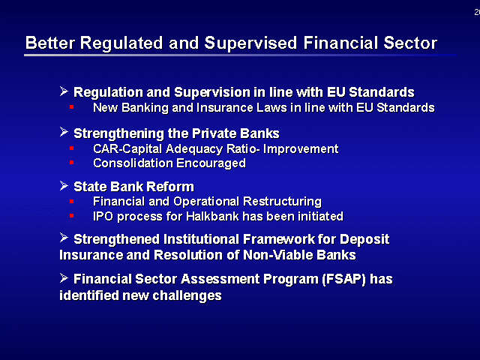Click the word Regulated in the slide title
pos(121,43)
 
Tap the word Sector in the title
pos(410,43)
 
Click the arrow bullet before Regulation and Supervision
pos(64,91)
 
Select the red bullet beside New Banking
pos(72,106)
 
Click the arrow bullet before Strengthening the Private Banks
pos(64,132)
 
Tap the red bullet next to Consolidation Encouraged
pos(72,163)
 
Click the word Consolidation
pos(133,163)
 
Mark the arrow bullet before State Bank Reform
pos(64,185)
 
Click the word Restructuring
pos(282,202)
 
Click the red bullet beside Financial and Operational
pos(72,201)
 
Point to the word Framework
pos(278,239)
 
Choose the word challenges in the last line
pos(187,295)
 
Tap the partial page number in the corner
pos(477,12)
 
